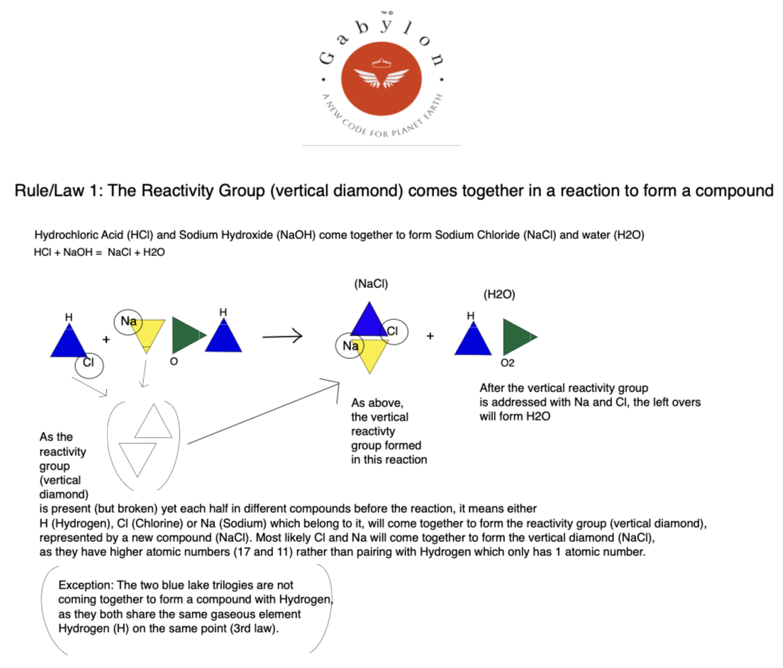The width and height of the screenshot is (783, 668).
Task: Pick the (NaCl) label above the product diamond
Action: coord(371,284)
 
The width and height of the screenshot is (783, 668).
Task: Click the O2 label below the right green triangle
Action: coord(508,363)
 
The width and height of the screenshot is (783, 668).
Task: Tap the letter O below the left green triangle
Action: coord(174,362)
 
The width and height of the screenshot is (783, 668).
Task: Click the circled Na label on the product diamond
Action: coord(350,346)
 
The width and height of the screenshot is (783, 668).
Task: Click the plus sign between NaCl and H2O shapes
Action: coord(430,336)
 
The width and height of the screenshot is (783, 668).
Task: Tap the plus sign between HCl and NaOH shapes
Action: coord(106,340)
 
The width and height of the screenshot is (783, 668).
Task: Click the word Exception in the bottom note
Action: coord(83,586)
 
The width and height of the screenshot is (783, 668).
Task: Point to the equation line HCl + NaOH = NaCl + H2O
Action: coord(99,252)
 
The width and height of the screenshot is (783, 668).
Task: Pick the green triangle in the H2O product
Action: coord(517,336)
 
